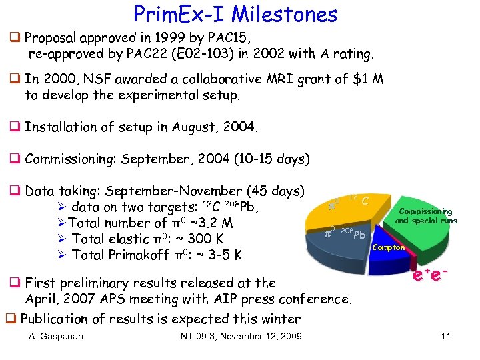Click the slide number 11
445,336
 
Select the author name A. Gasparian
56,336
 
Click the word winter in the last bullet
281,319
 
